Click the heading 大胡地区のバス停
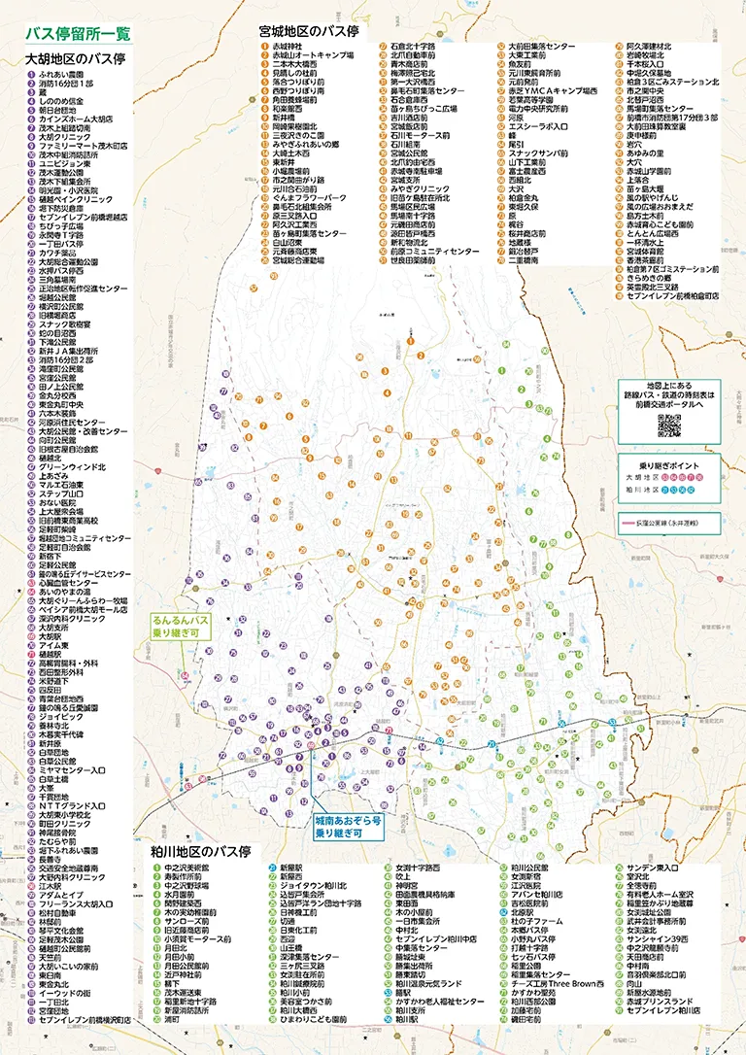coord(76,58)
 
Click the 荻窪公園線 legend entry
coord(670,523)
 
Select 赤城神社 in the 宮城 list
coord(288,47)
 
